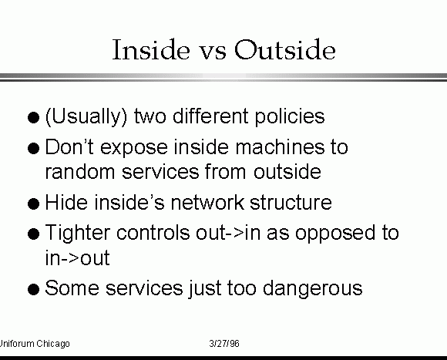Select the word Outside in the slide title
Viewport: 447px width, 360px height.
click(x=285, y=49)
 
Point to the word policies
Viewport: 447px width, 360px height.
click(x=289, y=117)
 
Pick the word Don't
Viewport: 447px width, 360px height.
click(x=69, y=146)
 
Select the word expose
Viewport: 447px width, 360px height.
click(x=134, y=149)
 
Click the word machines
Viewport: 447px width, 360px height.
click(x=280, y=146)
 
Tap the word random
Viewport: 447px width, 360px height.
click(x=80, y=172)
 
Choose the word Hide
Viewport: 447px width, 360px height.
click(x=66, y=202)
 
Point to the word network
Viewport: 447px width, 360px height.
click(x=207, y=202)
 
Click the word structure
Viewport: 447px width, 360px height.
click(x=291, y=203)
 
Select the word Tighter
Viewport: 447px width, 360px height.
click(x=78, y=234)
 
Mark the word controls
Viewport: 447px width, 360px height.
click(x=153, y=232)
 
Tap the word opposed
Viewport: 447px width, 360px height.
click(x=335, y=234)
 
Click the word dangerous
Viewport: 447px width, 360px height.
click(x=312, y=289)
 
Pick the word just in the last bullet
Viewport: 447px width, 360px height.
click(x=205, y=289)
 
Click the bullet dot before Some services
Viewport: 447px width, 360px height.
click(x=34, y=289)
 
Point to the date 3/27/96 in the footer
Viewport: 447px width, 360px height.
click(x=224, y=344)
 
